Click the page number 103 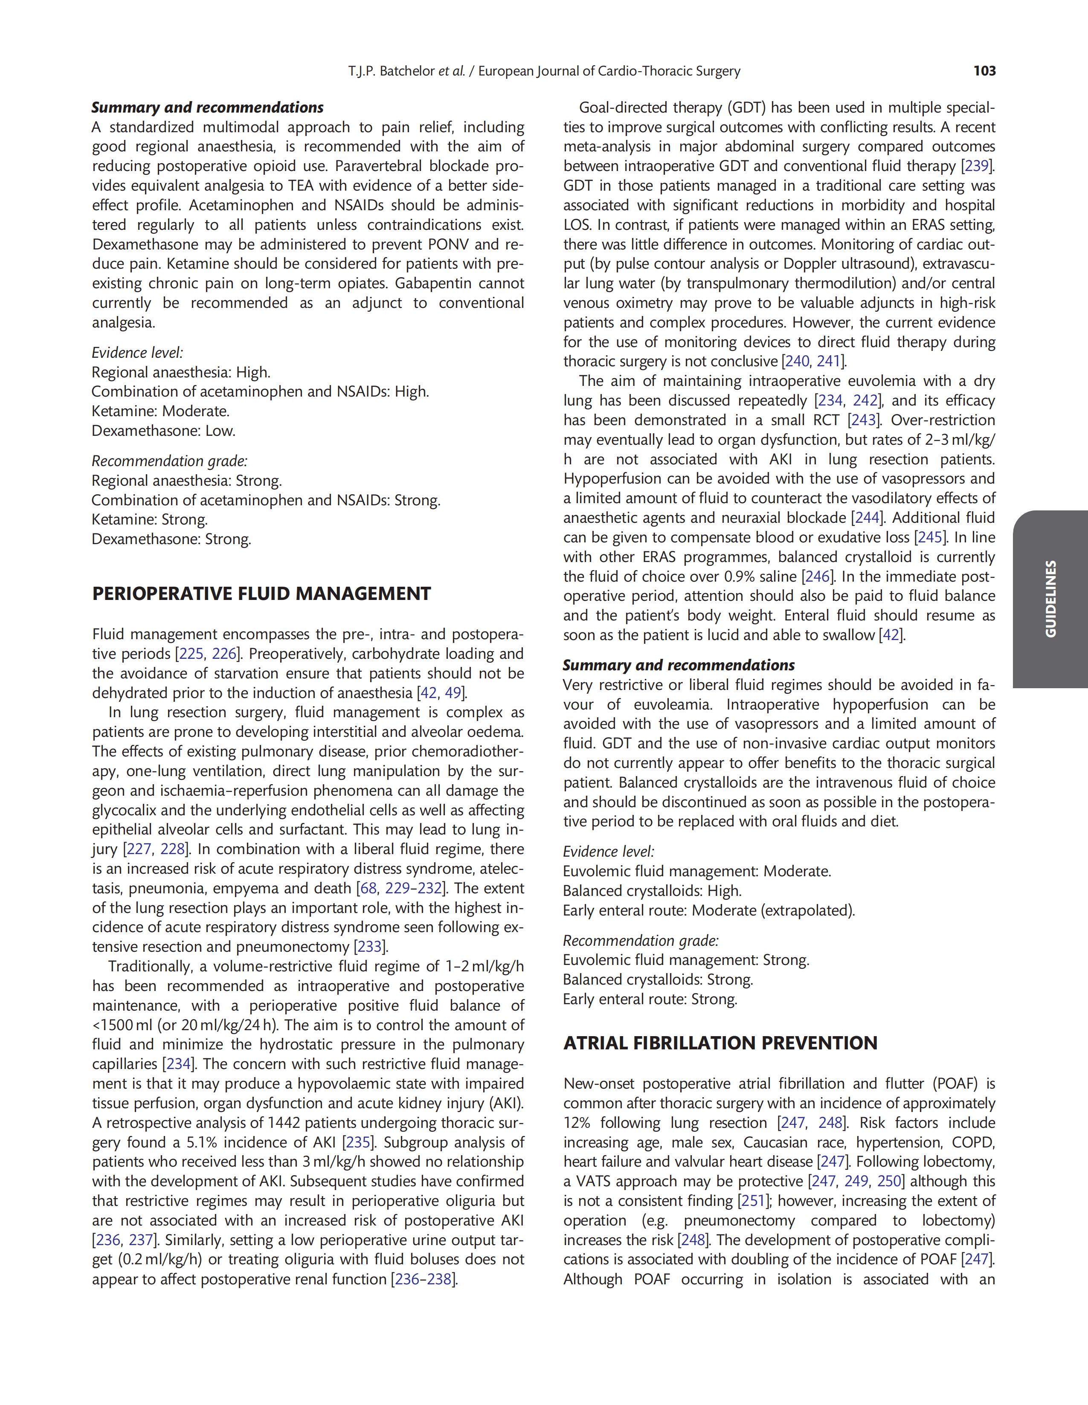984,71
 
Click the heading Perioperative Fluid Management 261,594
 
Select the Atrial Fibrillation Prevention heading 720,1043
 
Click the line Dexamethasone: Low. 163,430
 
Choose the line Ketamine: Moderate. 160,411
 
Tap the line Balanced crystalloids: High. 652,891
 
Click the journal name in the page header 609,71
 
